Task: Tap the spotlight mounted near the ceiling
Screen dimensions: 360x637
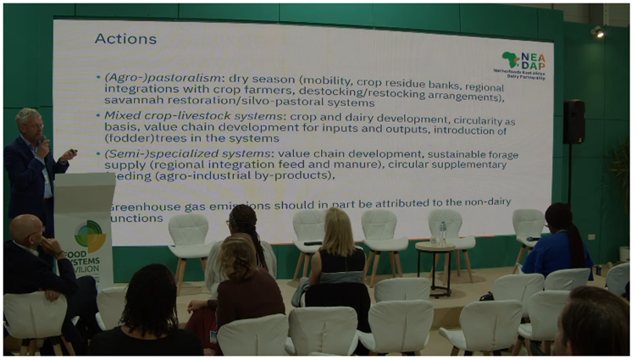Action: [x=598, y=31]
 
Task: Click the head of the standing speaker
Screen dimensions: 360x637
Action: [x=28, y=122]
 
